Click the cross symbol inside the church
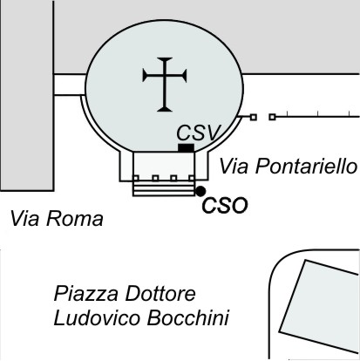pyautogui.click(x=165, y=85)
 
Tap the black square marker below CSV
pyautogui.click(x=186, y=147)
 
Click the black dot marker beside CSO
pyautogui.click(x=200, y=191)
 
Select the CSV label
pyautogui.click(x=199, y=133)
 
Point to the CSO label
pyautogui.click(x=225, y=206)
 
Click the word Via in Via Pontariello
pyautogui.click(x=234, y=167)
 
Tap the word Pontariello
pyautogui.click(x=306, y=167)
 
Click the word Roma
pyautogui.click(x=75, y=219)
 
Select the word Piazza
pyautogui.click(x=86, y=294)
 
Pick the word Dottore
pyautogui.click(x=160, y=294)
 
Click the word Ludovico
pyautogui.click(x=97, y=317)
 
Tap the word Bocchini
pyautogui.click(x=188, y=317)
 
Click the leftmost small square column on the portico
pyautogui.click(x=136, y=178)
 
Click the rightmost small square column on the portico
pyautogui.click(x=192, y=178)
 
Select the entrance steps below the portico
pyautogui.click(x=164, y=188)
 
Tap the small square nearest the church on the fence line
pyautogui.click(x=254, y=117)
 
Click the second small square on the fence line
pyautogui.click(x=272, y=117)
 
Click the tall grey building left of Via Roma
pyautogui.click(x=27, y=95)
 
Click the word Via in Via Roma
pyautogui.click(x=24, y=219)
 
